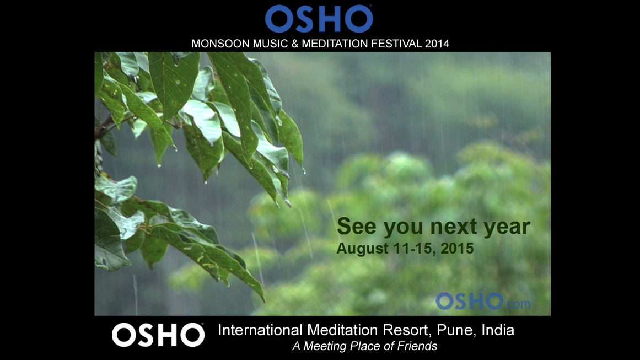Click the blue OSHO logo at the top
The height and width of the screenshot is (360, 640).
319,19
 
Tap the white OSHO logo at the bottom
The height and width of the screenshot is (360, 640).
158,335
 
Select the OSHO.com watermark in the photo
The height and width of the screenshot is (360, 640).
483,301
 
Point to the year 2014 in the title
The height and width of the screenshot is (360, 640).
437,44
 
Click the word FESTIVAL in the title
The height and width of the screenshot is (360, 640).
396,44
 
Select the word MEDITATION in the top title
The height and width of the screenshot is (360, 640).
335,44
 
